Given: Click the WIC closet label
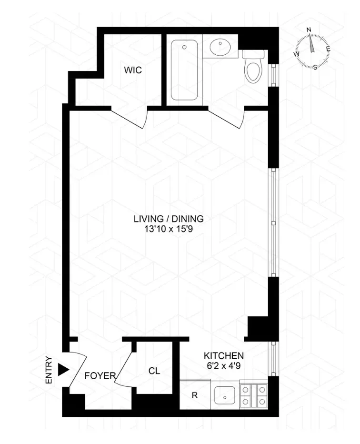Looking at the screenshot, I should point(133,71).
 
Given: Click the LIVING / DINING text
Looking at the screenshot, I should point(169,219).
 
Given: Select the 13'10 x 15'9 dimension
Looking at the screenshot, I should point(169,229).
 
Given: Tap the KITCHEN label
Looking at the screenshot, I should point(224,355).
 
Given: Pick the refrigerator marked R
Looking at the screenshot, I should point(194,395).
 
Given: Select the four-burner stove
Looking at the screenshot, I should point(253,395).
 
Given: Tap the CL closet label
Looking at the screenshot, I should point(153,370).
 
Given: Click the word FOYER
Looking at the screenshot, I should point(100,376).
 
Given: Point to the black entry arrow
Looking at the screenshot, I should point(62,370).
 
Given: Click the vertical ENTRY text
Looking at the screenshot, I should point(48,370).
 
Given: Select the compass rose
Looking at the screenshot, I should point(312,50).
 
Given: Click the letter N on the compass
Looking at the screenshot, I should point(309,30).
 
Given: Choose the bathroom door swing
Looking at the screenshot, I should point(228,118).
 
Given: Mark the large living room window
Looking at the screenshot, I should point(273,222).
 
